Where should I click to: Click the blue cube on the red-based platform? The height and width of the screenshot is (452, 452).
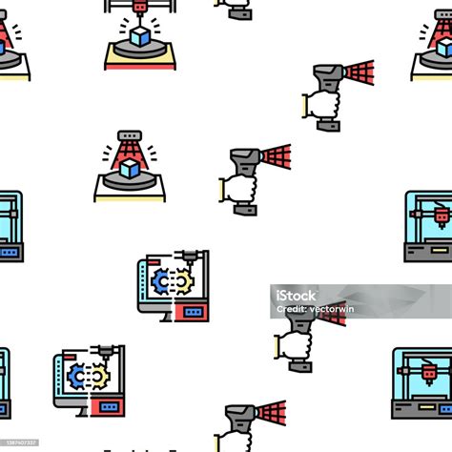(141, 36)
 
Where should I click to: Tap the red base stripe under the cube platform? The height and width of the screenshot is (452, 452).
(140, 64)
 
